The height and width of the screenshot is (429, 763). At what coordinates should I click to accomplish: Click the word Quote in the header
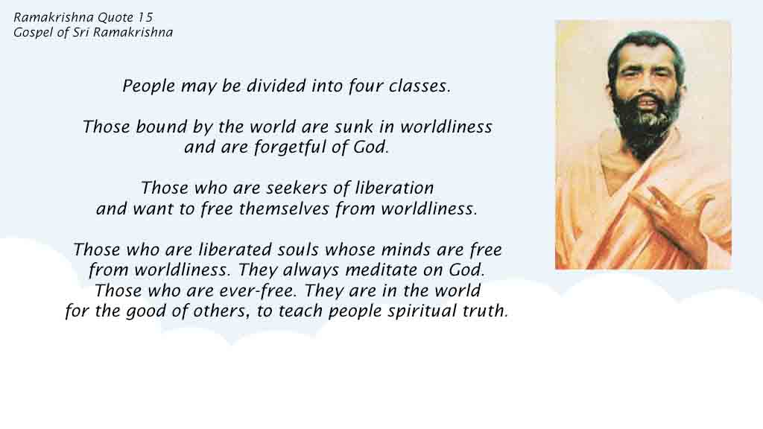point(115,18)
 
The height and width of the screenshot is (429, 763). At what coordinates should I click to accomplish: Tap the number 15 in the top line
point(145,18)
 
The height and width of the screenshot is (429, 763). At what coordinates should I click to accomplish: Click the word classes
point(420,86)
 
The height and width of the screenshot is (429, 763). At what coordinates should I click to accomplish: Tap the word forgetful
point(290,147)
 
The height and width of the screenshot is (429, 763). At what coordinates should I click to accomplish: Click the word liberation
point(395,188)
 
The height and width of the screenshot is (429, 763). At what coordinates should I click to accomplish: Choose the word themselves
point(284,209)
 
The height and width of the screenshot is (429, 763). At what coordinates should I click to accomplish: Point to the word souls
point(298,250)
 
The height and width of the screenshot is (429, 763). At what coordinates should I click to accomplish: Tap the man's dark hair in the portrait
point(645,46)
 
